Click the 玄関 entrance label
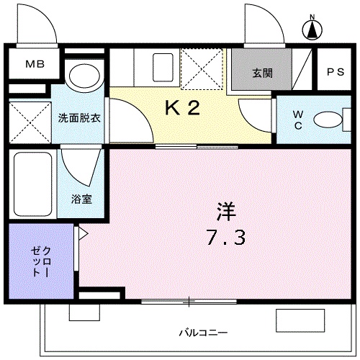261,73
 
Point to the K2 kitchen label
182,108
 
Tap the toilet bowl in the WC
330,119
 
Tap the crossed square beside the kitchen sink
202,68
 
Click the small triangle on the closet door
82,233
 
